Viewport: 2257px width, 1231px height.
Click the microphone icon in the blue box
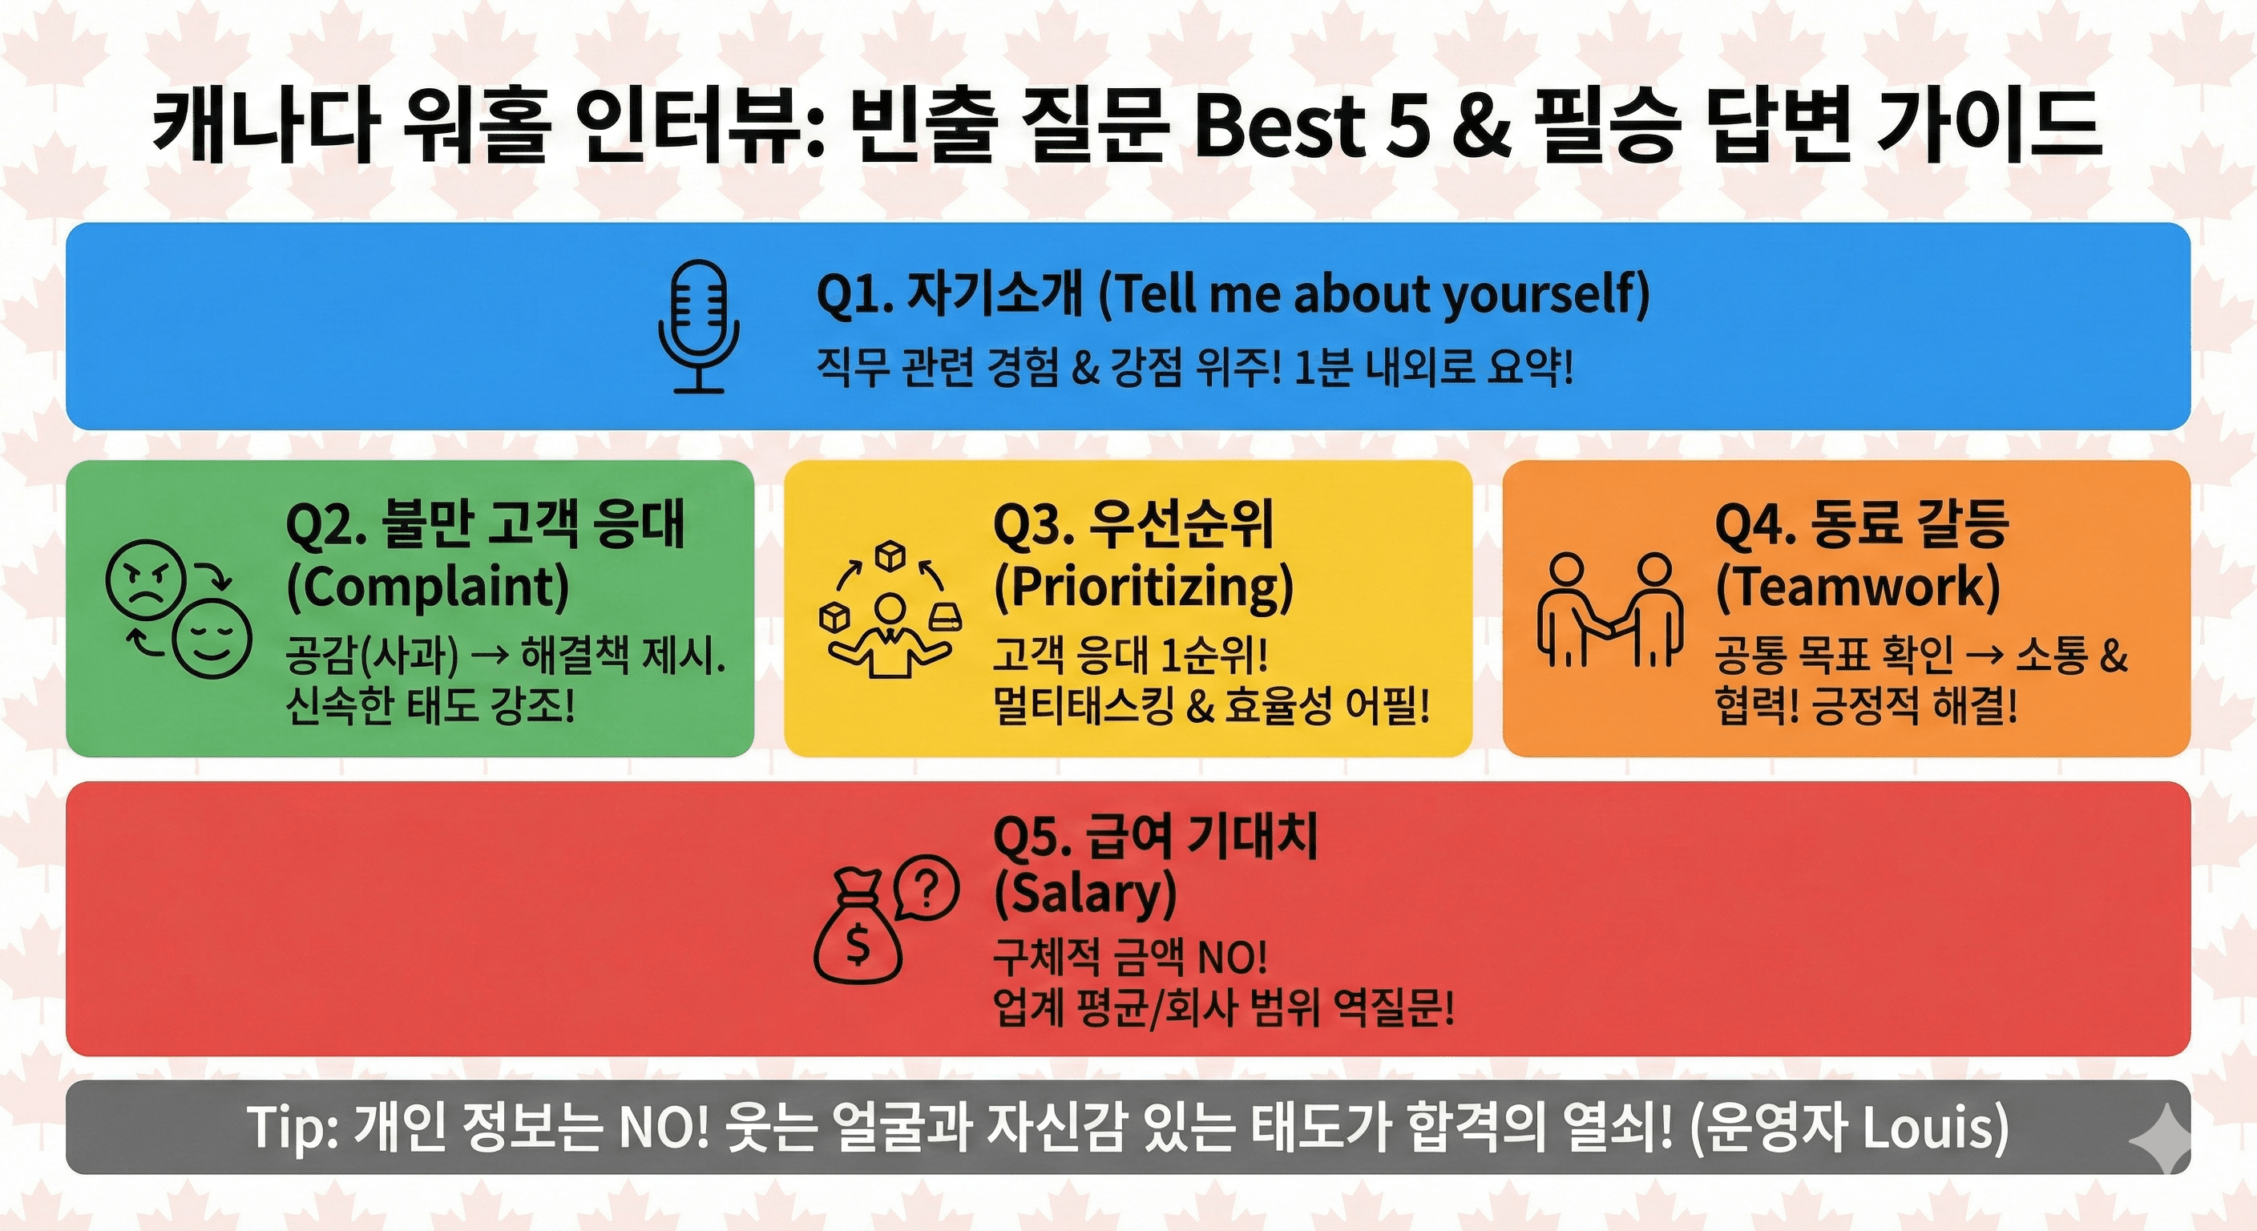698,326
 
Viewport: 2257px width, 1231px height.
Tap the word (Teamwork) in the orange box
1859,587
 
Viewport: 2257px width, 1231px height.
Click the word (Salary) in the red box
1084,894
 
